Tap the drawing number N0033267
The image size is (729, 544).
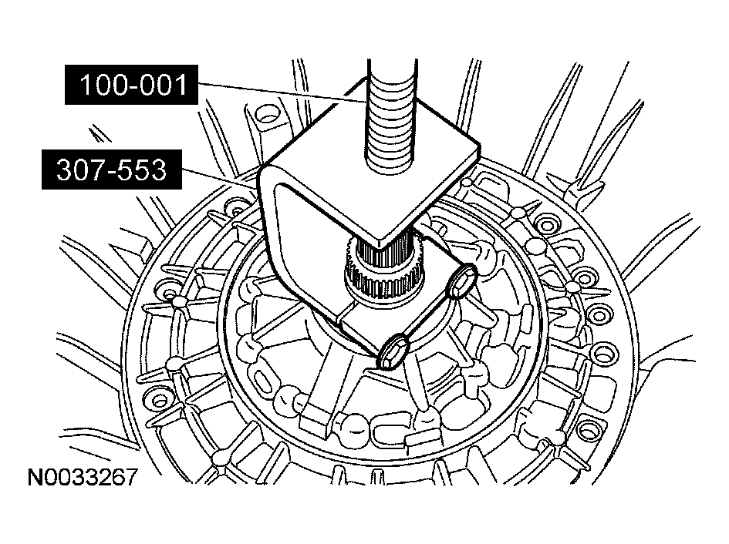pyautogui.click(x=83, y=477)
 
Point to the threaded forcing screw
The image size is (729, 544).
pyautogui.click(x=390, y=116)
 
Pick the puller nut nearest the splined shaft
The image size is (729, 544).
pyautogui.click(x=461, y=280)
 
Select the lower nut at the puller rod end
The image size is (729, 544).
pyautogui.click(x=393, y=351)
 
